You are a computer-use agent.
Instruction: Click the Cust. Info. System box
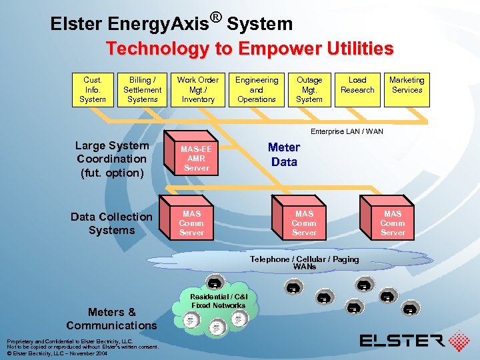tap(93, 90)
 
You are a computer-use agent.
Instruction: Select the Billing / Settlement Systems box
tap(142, 90)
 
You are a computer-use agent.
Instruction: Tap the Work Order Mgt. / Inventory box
tap(198, 90)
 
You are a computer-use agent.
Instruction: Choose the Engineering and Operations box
tap(257, 90)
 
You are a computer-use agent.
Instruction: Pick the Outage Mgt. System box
tap(309, 90)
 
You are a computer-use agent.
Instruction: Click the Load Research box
tap(357, 90)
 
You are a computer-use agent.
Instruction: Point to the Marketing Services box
tap(407, 90)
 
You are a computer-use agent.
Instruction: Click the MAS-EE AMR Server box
tap(196, 159)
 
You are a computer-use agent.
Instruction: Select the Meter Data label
tap(284, 154)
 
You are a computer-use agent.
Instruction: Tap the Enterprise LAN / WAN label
tap(347, 132)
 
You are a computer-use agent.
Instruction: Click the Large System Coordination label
tap(111, 159)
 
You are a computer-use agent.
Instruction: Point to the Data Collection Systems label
tap(111, 223)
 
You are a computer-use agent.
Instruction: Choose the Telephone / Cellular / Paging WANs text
tap(304, 263)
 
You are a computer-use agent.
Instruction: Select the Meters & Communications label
tap(111, 319)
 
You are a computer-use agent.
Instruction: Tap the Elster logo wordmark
tap(402, 341)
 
